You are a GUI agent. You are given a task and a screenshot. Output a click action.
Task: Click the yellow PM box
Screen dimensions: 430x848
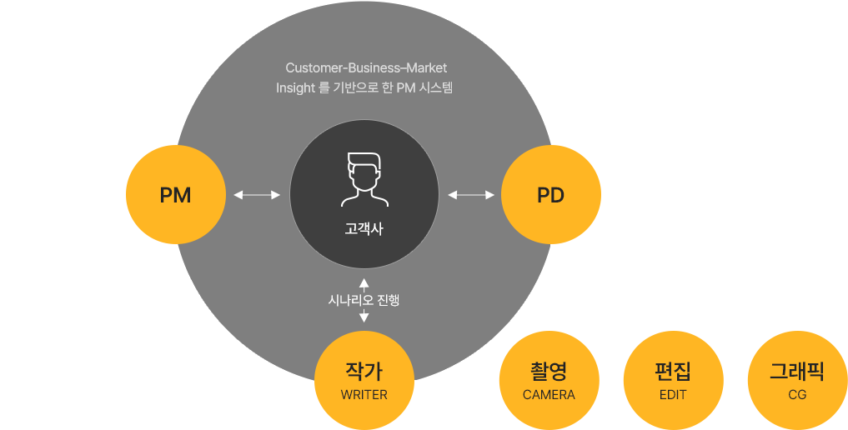pos(175,194)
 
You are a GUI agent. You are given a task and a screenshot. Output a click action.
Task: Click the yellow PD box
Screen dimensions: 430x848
pos(550,194)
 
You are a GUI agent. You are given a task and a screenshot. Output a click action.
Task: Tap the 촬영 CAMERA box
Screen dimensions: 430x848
pos(549,379)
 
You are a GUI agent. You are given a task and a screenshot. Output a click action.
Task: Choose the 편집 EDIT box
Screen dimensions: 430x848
pos(673,379)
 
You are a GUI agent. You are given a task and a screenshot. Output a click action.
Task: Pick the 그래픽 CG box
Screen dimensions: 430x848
pos(797,379)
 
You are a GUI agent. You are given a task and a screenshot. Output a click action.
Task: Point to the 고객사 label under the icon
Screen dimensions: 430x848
pos(364,228)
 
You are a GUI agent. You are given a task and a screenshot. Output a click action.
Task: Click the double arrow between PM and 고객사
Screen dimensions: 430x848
pos(257,195)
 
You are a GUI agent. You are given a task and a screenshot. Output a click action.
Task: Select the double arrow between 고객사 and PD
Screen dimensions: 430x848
pos(471,195)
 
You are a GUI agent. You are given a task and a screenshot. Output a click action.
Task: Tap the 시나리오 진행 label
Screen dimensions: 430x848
pos(364,300)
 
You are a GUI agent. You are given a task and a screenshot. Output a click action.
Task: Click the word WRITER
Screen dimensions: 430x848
pos(364,395)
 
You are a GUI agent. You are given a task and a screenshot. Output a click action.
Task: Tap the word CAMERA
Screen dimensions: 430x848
pos(549,395)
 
